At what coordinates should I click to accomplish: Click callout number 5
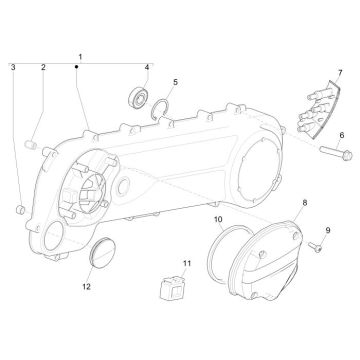(x=175, y=82)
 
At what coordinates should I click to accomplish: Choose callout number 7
(x=339, y=73)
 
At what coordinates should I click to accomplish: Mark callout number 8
(x=278, y=202)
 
